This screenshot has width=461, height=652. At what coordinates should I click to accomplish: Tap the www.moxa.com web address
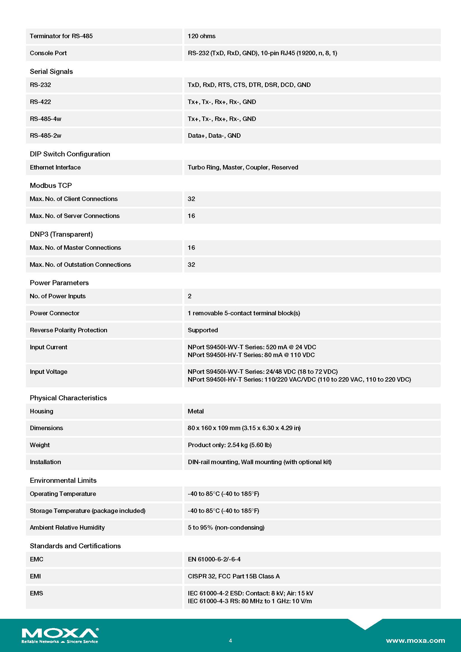point(415,640)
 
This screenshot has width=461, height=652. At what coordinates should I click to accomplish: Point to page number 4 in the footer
point(230,640)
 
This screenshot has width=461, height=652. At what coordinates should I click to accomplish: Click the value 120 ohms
point(202,36)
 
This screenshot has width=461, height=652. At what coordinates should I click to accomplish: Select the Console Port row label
point(48,53)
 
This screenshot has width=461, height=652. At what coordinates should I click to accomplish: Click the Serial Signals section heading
point(51,72)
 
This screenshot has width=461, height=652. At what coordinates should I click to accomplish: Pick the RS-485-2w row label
point(46,136)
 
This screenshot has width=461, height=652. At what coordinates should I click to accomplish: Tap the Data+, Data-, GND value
point(214,136)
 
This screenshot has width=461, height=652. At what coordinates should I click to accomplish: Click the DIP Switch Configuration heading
point(70,154)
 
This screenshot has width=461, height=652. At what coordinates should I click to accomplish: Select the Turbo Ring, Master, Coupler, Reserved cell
point(243,167)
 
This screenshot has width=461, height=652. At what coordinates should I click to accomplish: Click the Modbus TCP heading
point(51,185)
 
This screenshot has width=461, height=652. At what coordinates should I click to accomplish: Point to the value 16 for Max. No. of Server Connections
point(191,216)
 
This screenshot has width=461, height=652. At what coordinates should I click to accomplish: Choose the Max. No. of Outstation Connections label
point(80,265)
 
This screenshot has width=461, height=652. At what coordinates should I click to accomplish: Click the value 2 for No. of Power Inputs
point(190,296)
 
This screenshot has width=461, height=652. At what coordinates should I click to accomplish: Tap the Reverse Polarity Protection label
point(68,330)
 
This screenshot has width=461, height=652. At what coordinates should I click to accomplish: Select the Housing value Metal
point(196,411)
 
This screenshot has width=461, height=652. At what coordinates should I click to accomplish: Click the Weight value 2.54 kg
point(230,445)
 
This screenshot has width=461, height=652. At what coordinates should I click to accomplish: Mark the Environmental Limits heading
point(63,480)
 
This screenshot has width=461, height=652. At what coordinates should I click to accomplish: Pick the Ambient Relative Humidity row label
point(67,527)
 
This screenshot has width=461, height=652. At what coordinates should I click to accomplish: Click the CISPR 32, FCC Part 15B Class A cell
point(234,576)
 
